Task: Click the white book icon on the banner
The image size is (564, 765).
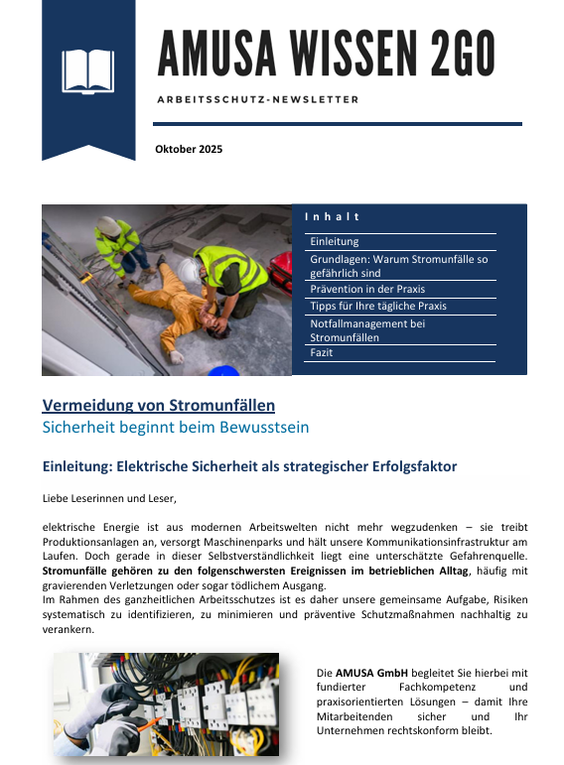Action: [88, 70]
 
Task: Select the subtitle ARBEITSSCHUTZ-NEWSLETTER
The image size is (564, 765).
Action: [258, 100]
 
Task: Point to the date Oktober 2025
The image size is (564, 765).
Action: [189, 150]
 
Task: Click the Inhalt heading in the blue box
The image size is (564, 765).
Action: [332, 216]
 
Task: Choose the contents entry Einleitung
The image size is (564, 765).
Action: [335, 241]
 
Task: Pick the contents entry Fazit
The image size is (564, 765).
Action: [322, 353]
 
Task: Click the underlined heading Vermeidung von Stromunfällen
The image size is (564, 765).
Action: [159, 405]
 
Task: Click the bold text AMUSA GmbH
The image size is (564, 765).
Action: [367, 674]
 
